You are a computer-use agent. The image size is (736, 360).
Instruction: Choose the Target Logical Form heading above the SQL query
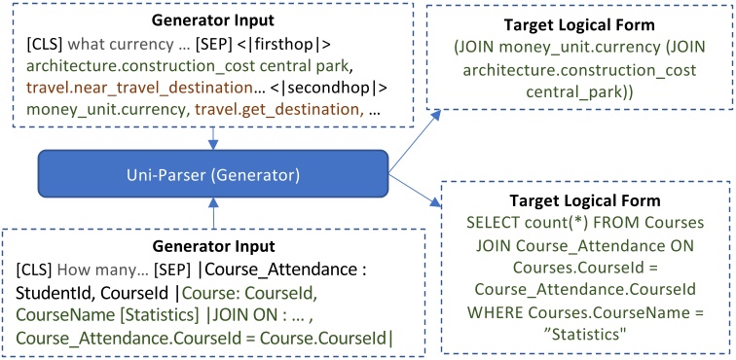(x=585, y=199)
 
